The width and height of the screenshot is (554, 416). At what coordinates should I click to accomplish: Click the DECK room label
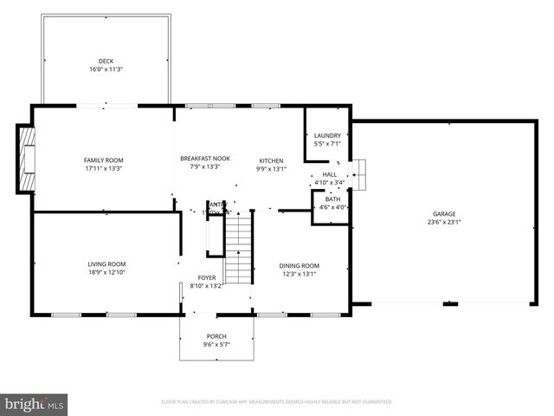pos(106,62)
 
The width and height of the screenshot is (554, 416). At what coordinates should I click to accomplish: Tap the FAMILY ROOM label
pos(103,160)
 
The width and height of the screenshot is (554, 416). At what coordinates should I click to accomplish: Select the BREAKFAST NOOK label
pos(204,159)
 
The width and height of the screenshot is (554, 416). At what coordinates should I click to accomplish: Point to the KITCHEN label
pos(271,161)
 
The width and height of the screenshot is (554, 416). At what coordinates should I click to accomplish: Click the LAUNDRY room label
pos(327,136)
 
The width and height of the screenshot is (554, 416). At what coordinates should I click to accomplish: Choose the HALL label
pos(329,174)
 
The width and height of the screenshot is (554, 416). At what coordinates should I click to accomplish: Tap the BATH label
pos(332,199)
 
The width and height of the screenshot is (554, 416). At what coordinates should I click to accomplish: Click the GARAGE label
pos(444,214)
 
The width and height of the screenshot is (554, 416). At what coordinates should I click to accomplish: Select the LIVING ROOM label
pos(106,264)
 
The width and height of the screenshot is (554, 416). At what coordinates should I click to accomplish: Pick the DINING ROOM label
pos(299,266)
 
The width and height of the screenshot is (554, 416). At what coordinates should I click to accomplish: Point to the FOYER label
pos(206,278)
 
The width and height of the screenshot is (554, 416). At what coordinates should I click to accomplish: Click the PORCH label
pos(216,336)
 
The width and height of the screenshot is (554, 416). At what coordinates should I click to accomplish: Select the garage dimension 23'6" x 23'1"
pos(444,223)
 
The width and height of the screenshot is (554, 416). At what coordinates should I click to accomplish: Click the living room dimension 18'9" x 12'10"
pos(106,273)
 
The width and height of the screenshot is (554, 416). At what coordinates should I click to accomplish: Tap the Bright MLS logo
pos(35,404)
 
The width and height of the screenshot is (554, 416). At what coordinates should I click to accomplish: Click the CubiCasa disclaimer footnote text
pos(277,402)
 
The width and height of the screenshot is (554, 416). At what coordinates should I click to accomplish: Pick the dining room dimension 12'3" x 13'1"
pos(299,275)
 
